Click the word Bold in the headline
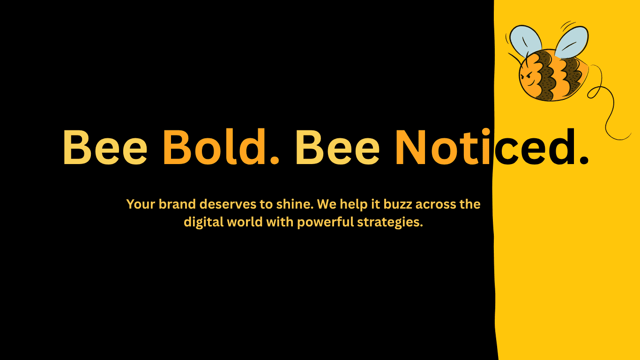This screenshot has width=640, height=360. (214, 147)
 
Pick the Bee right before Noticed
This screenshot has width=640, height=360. (337, 147)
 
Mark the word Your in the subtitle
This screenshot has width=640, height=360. (141, 204)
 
